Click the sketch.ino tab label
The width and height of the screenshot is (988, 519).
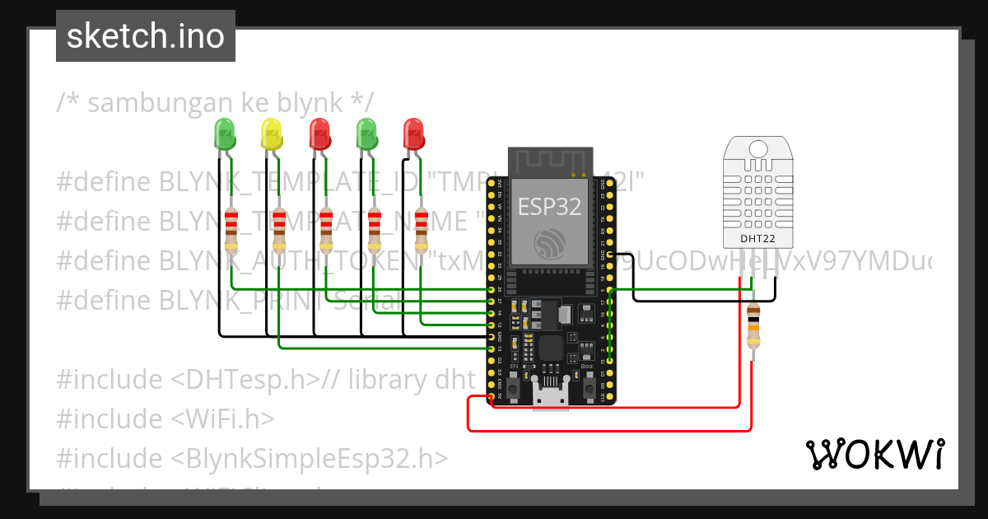(145, 36)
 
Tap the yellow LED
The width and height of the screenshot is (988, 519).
(272, 133)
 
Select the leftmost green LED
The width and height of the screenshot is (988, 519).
(224, 133)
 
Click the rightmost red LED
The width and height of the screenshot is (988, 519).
(413, 133)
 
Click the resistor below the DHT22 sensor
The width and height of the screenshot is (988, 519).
(753, 326)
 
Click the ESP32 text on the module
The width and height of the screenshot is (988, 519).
(549, 206)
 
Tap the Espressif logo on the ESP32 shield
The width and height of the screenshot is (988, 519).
(549, 244)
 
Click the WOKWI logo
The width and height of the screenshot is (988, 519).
(874, 454)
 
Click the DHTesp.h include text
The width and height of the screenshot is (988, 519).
(246, 380)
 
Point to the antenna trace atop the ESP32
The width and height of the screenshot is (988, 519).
(549, 163)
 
